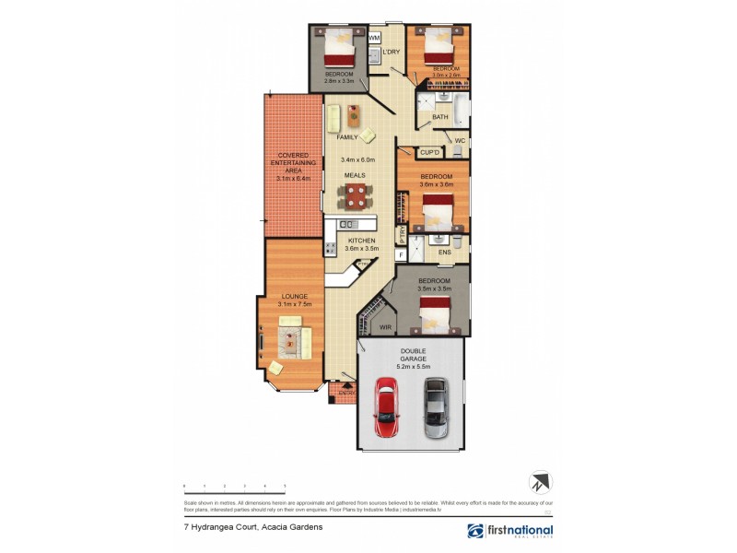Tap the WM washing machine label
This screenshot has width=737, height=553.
click(x=374, y=39)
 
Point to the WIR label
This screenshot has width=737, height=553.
click(x=386, y=325)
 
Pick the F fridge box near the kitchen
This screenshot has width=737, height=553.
click(x=401, y=253)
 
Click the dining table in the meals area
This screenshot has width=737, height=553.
click(x=355, y=194)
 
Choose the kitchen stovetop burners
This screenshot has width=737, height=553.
click(x=329, y=248)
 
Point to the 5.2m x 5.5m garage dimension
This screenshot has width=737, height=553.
click(x=411, y=366)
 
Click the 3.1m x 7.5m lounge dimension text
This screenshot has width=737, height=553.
click(x=295, y=304)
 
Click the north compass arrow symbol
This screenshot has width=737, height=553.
click(x=538, y=483)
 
